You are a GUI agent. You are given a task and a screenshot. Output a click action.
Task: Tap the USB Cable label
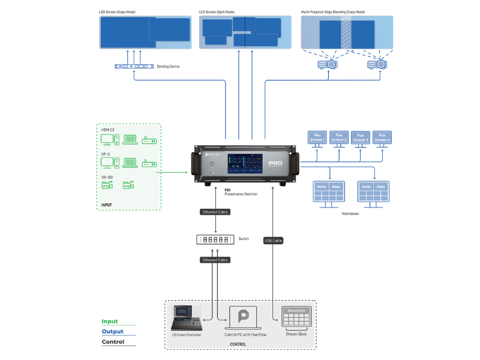(x=273, y=241)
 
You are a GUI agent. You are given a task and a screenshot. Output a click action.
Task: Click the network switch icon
(x=214, y=239)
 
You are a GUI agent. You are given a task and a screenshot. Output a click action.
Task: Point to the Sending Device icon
(x=134, y=66)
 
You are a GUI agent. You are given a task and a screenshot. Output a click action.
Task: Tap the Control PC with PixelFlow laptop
(x=243, y=318)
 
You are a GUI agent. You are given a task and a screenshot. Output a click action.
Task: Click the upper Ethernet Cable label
(x=215, y=212)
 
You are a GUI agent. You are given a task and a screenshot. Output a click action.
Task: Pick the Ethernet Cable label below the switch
(x=215, y=260)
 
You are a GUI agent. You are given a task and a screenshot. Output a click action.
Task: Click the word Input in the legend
(x=110, y=322)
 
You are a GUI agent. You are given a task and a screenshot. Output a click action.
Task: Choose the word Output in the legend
(x=112, y=332)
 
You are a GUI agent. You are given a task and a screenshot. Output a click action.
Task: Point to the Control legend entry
(x=113, y=342)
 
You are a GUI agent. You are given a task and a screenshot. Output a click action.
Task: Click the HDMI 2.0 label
(x=107, y=129)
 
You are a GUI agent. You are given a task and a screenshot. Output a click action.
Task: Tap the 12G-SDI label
(x=107, y=178)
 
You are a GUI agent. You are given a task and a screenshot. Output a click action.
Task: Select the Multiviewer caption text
(x=350, y=214)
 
